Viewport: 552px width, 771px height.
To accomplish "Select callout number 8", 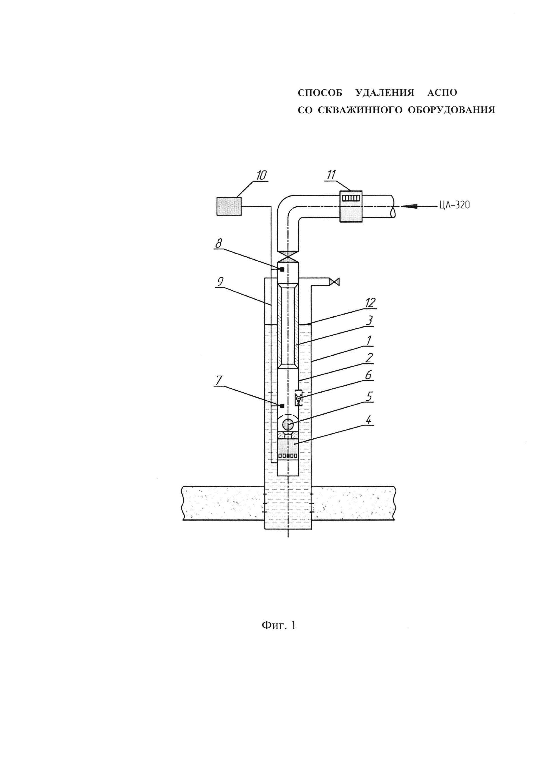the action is (x=219, y=243).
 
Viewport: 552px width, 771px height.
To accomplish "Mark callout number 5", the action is (x=369, y=396).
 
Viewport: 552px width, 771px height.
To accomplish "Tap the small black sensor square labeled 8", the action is (x=282, y=269).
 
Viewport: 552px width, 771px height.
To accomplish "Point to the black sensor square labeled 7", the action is (x=282, y=406).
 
